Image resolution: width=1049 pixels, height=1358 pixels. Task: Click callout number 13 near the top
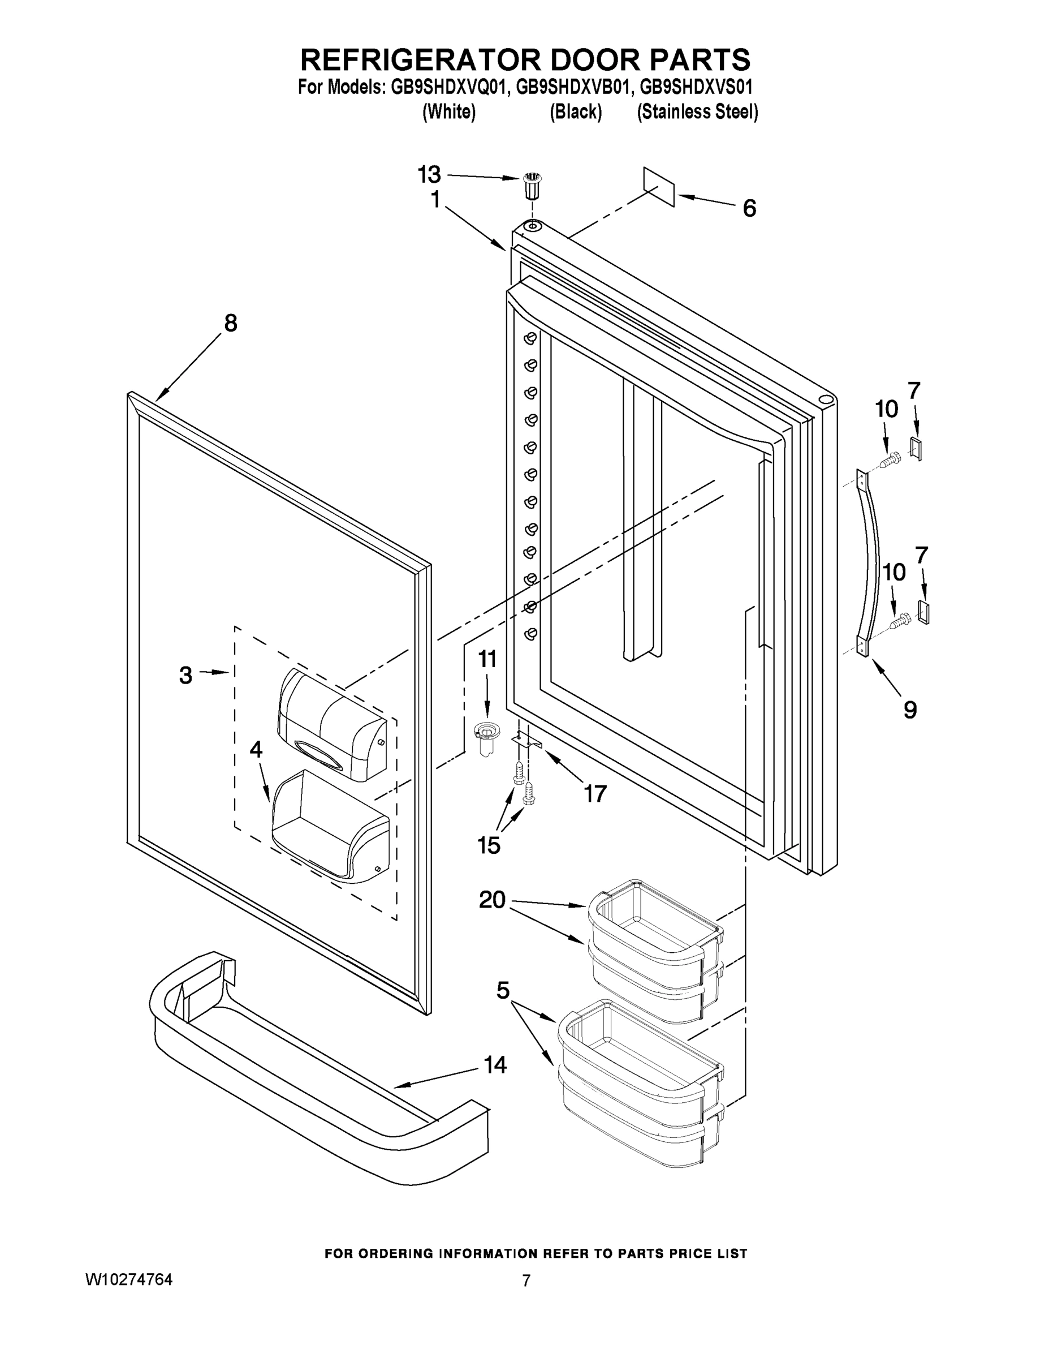pos(429,175)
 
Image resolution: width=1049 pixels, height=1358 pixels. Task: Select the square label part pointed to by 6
pos(659,186)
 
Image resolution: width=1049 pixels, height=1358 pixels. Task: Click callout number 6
pos(749,208)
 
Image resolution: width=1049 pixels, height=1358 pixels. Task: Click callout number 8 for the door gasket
pos(231,323)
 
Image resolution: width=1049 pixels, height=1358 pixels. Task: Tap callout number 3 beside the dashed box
pos(185,675)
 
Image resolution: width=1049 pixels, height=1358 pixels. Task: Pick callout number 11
pos(487,659)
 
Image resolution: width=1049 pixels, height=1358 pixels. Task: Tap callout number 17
pos(594,793)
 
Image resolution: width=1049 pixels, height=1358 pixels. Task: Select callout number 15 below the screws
pos(489,845)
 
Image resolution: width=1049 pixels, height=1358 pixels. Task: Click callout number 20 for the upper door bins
pos(492,900)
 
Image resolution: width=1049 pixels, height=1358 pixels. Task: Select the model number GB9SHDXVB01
pos(575,87)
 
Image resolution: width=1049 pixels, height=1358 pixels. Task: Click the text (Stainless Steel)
pos(697,112)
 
